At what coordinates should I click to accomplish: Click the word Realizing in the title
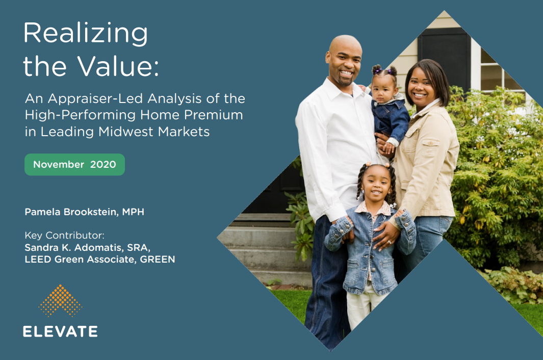coord(86,34)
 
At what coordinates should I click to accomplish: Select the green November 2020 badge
coord(74,165)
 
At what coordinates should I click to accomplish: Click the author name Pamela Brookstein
coord(71,212)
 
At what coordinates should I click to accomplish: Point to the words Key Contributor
coord(64,235)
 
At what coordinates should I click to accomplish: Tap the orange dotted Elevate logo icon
coord(60,301)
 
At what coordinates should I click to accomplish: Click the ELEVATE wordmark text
coord(60,331)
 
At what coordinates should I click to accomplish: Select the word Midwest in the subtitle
coord(126,132)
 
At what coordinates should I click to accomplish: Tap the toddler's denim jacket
coord(391,119)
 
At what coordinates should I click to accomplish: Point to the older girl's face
coord(376,184)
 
